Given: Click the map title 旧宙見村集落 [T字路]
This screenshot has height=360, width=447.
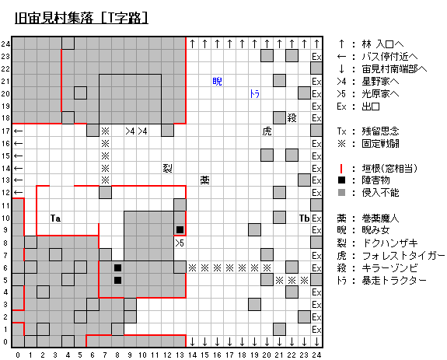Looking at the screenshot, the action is [82, 18].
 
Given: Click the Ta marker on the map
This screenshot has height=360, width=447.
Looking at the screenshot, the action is [55, 218].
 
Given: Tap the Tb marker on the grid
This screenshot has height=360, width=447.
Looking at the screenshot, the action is [304, 218].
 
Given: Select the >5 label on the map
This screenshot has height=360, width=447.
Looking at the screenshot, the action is [180, 243].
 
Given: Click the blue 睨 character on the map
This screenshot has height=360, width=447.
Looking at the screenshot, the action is [217, 82].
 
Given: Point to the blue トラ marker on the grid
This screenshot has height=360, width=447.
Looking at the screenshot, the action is [254, 94].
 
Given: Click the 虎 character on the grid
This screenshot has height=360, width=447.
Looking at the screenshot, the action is [267, 131].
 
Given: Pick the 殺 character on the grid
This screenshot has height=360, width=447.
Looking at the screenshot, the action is [292, 118].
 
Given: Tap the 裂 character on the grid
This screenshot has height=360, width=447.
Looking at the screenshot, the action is [167, 168].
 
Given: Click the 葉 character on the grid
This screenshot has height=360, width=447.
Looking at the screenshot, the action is [204, 180].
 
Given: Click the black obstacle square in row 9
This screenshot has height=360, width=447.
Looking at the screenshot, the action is [180, 229].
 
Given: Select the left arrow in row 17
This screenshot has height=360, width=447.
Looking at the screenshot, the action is [18, 131].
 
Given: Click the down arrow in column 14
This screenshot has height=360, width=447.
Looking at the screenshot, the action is [193, 341].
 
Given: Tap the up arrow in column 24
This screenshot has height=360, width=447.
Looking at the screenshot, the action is [316, 44].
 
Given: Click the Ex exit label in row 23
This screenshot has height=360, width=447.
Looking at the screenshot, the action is [316, 57].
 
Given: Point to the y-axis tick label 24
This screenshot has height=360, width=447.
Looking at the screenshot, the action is [5, 44].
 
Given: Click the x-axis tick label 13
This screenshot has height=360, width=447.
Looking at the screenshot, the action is [180, 355].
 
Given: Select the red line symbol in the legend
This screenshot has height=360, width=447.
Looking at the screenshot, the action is [341, 169].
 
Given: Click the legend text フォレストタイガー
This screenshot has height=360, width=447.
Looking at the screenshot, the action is [403, 256].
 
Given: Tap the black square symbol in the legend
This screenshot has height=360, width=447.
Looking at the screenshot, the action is [341, 180].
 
